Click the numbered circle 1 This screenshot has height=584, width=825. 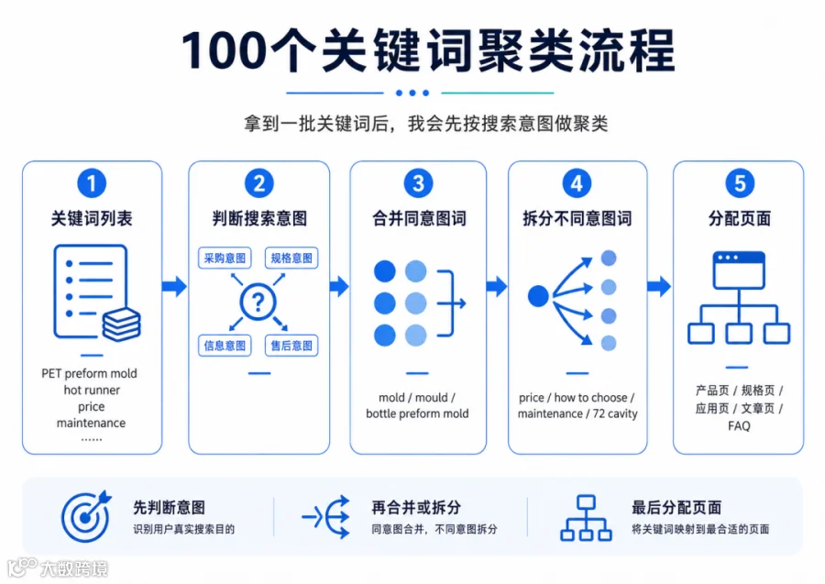coord(92,183)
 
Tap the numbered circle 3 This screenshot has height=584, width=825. coord(418,183)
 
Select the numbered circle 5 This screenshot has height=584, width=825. coord(740,183)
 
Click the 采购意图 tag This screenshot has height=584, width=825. coord(225,258)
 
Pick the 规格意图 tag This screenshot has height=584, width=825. coord(291,258)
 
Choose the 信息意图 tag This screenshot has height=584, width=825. coord(225,346)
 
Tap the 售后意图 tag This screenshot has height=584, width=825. coord(291,346)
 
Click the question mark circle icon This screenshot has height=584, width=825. coord(258,302)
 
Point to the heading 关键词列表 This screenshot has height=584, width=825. coord(92,218)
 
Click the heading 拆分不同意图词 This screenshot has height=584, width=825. coord(577,218)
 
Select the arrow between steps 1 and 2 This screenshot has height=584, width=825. coord(175,286)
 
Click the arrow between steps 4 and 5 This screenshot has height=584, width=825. coord(659,286)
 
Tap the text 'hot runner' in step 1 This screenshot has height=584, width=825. coord(92,390)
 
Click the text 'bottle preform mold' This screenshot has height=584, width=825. coord(417,413)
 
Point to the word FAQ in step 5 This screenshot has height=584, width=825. coord(739,425)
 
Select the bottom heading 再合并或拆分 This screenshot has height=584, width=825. coord(416,507)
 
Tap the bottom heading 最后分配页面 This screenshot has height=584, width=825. coord(676,507)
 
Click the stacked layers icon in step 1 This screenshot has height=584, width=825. coord(122,325)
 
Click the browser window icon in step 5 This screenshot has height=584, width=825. coord(739,270)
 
